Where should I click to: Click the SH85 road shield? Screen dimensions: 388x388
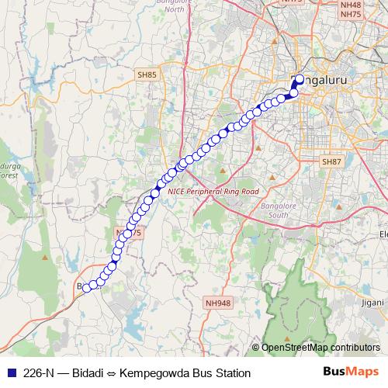[x=147, y=74]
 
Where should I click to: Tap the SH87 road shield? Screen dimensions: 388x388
[x=331, y=161]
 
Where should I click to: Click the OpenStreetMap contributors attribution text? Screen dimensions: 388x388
[x=322, y=348]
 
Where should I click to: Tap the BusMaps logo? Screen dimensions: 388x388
[x=352, y=372]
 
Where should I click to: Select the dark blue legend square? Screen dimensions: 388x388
[x=10, y=372]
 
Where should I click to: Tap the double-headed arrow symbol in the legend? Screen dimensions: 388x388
[x=112, y=372]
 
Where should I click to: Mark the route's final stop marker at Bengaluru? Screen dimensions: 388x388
[x=300, y=78]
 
